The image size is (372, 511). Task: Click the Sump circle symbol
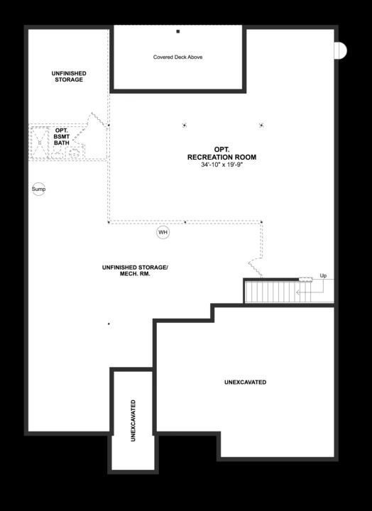pyautogui.click(x=39, y=189)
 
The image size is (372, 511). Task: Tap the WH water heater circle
pyautogui.click(x=163, y=232)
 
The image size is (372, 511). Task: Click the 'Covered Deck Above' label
pyautogui.click(x=177, y=57)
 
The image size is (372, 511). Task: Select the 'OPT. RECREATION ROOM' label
pyautogui.click(x=221, y=153)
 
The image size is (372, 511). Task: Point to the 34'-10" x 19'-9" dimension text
pyautogui.click(x=221, y=166)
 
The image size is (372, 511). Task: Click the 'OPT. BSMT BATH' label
pyautogui.click(x=62, y=136)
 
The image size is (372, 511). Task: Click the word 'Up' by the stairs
pyautogui.click(x=323, y=275)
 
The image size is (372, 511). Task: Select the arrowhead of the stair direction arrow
pyautogui.click(x=299, y=291)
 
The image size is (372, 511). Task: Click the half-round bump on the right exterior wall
pyautogui.click(x=341, y=50)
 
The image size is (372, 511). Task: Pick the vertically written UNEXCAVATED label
pyautogui.click(x=133, y=421)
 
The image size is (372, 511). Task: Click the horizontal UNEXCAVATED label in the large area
pyautogui.click(x=245, y=383)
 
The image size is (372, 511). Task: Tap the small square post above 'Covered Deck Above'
pyautogui.click(x=178, y=32)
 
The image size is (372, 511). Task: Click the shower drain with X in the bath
pyautogui.click(x=39, y=140)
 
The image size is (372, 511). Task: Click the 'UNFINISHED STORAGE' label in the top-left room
pyautogui.click(x=67, y=76)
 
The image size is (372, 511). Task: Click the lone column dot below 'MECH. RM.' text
pyautogui.click(x=109, y=324)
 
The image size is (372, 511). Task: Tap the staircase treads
pyautogui.click(x=270, y=292)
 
